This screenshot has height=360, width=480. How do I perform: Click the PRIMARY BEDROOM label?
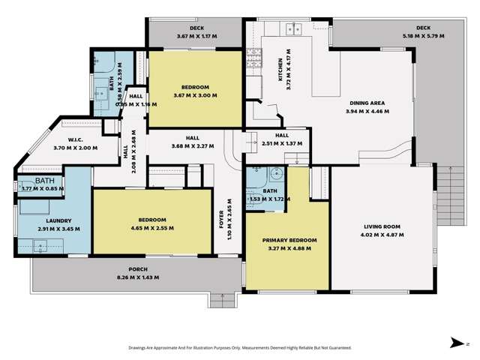pyautogui.click(x=289, y=241)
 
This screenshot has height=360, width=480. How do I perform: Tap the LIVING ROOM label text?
pyautogui.click(x=382, y=226)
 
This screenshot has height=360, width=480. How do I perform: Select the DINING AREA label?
pyautogui.click(x=366, y=103)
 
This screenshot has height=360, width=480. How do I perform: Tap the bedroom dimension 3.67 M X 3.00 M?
pyautogui.click(x=196, y=95)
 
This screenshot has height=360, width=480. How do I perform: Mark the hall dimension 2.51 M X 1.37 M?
pyautogui.click(x=282, y=142)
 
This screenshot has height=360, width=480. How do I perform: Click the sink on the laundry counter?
pyautogui.click(x=39, y=244)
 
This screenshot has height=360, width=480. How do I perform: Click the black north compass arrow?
pyautogui.click(x=454, y=343)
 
